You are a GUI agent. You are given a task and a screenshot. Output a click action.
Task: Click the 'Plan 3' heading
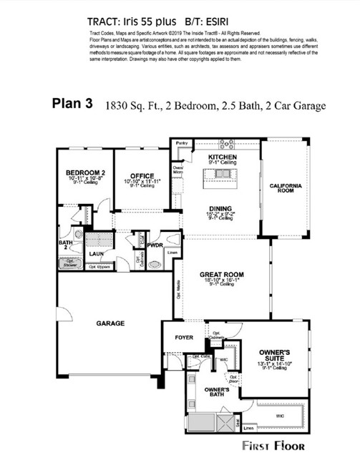point(72,103)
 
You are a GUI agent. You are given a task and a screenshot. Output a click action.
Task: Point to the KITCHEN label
point(222,156)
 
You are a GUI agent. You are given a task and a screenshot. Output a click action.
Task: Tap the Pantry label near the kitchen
point(182,143)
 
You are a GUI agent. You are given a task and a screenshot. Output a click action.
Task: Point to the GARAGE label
point(110,323)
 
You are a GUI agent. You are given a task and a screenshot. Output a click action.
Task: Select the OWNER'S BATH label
point(216,391)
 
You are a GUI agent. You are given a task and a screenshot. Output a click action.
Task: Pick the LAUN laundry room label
point(97,253)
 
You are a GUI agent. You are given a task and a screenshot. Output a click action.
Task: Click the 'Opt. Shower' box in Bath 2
point(70,263)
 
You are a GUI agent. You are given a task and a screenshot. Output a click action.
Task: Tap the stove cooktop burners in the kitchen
point(226,143)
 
